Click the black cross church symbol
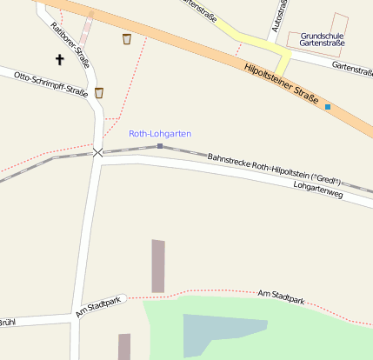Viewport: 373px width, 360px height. pos(60,60)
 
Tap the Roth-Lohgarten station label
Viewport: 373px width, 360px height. pos(160,134)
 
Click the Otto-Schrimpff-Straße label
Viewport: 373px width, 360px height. pos(51,86)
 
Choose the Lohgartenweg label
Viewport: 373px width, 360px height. pos(318,190)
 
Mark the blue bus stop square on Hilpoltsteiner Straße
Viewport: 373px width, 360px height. pos(328,107)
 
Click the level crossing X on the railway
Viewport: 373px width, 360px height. pos(97,152)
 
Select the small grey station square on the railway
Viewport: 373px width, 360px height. pos(160,146)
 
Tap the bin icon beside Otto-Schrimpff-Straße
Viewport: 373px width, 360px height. pos(99,92)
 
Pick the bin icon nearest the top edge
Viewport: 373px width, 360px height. pos(127,38)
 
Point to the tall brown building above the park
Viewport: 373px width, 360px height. pos(158,265)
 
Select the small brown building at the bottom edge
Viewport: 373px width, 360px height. pos(124,346)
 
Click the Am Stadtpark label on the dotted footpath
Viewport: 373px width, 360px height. pos(281,297)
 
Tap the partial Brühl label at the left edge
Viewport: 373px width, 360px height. pos(8,323)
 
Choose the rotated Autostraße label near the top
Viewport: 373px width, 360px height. pos(280,16)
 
